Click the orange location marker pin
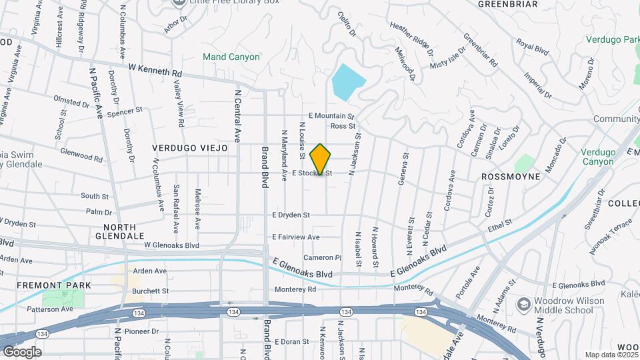pos(321,159)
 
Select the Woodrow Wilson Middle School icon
pos(523,305)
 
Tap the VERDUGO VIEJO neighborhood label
pos(190,148)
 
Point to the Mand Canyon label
pos(231,57)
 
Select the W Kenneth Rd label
pos(155,69)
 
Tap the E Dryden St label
pos(291,215)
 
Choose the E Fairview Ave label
pos(296,237)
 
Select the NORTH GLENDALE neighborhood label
pos(119,231)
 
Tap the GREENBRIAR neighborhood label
pos(507,4)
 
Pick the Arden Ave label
pos(149,271)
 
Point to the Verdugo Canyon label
pos(597,157)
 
